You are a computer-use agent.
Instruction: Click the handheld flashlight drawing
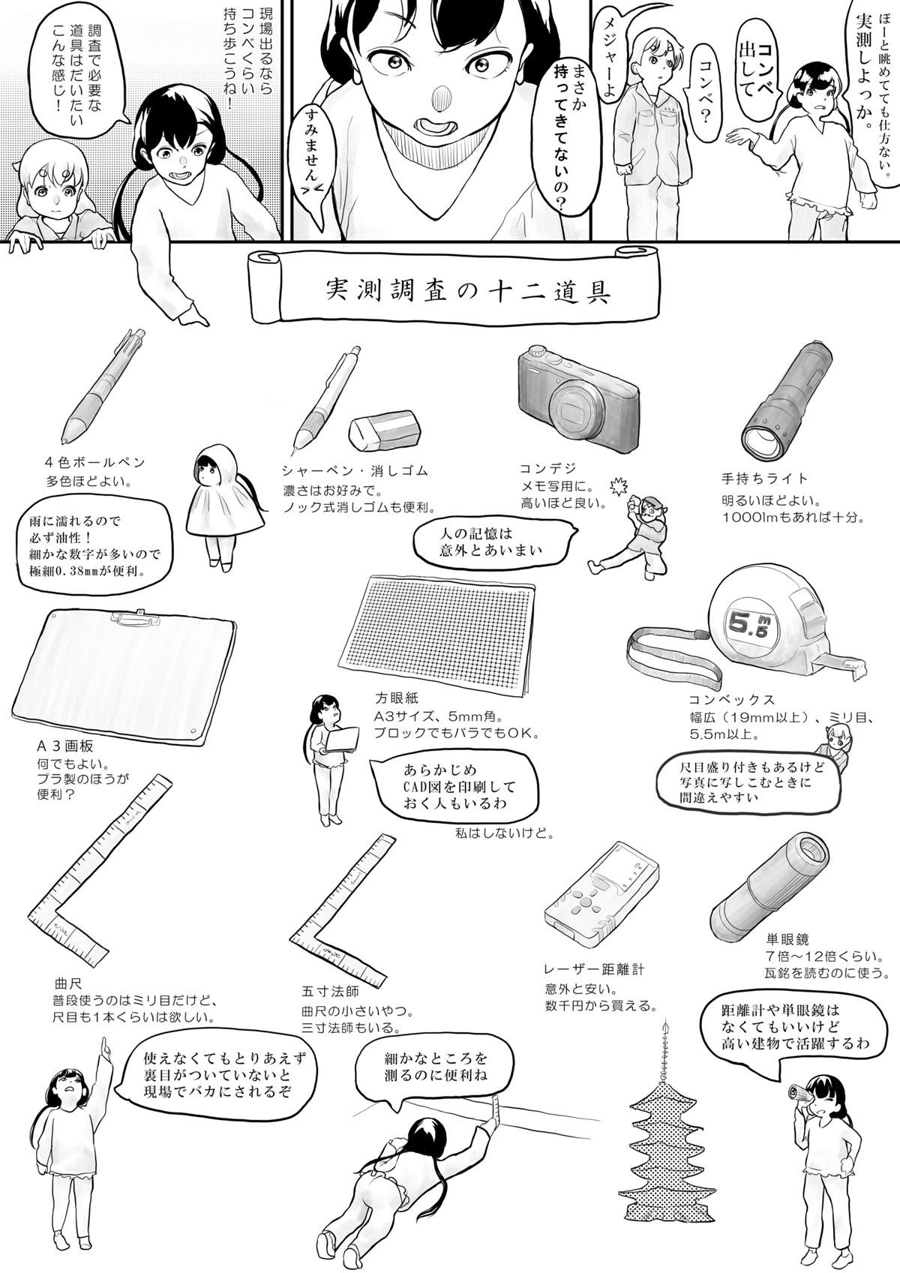click(787, 398)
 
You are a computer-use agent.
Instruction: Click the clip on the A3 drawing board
click(135, 618)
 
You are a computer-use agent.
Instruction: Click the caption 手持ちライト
click(764, 479)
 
